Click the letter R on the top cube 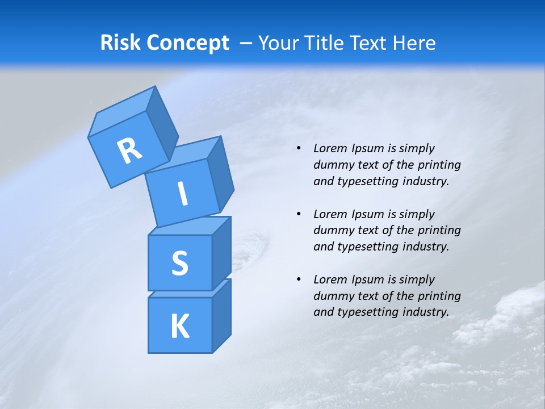coord(129,151)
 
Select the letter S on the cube coord(179,263)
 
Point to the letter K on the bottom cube coord(179,326)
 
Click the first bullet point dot coord(299,149)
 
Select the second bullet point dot coord(299,215)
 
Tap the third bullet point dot coord(299,280)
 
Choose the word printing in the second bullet coord(439,231)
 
